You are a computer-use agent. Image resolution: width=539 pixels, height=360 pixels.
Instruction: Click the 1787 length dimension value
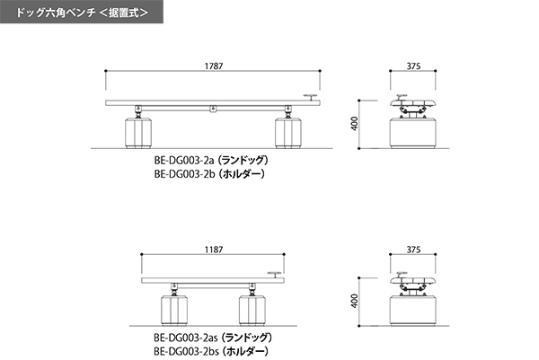(x=214, y=66)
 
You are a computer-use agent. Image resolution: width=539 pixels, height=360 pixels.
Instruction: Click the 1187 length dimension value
(x=214, y=250)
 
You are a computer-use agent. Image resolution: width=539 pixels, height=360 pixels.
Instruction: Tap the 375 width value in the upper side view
(x=413, y=66)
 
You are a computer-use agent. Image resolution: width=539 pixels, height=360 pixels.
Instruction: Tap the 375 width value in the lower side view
(x=413, y=250)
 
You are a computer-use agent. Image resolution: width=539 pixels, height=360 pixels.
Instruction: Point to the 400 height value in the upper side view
(x=355, y=123)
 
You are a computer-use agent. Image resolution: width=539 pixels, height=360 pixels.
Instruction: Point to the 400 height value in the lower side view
(x=355, y=301)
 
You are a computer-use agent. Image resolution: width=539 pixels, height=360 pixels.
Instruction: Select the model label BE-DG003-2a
(x=184, y=161)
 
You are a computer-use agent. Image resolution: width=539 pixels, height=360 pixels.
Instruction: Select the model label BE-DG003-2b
(x=184, y=174)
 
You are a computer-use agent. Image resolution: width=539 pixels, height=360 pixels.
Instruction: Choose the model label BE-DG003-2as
(x=186, y=338)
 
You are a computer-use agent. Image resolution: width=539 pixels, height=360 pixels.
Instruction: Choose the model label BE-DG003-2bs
(x=186, y=352)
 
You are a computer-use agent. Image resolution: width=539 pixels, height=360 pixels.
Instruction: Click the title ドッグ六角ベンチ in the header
(x=56, y=13)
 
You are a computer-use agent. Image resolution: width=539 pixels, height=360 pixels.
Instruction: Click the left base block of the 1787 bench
(x=138, y=133)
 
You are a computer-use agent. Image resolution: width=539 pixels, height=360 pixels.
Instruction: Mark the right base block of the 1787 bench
(x=288, y=133)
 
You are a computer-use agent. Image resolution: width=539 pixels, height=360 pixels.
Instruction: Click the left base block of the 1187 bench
(x=174, y=311)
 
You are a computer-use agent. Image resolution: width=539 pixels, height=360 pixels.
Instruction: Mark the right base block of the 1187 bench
(x=252, y=311)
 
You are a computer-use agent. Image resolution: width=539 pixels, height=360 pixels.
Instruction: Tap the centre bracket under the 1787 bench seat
(x=213, y=110)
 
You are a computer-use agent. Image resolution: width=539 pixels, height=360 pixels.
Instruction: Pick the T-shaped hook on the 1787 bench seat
(x=311, y=97)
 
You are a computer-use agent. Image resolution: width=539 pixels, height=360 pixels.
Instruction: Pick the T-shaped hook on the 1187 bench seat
(x=275, y=275)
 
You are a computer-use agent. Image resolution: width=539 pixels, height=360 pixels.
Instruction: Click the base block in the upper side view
(x=413, y=133)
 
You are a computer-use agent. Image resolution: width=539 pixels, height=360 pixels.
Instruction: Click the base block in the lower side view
(x=413, y=311)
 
